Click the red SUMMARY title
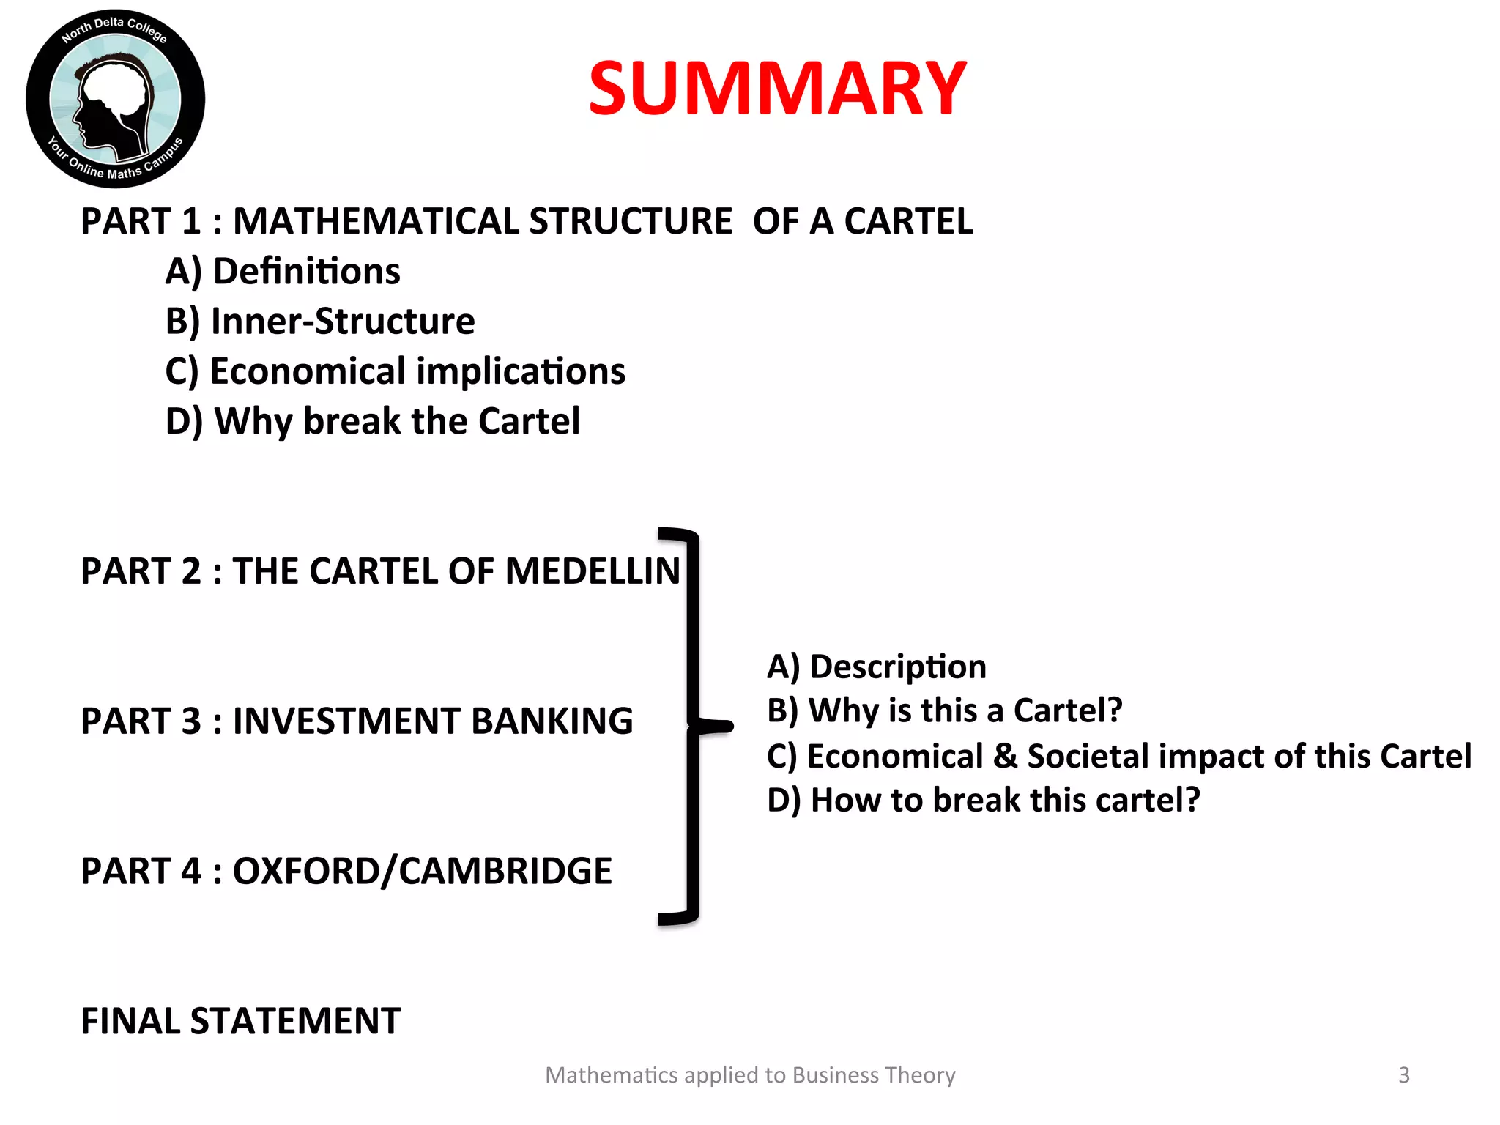point(778,89)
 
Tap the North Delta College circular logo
point(115,99)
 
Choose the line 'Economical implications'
point(396,371)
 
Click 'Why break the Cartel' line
point(373,421)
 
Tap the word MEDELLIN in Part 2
point(593,571)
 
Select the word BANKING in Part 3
point(552,721)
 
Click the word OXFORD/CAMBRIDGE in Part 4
point(422,871)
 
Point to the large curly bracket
point(692,726)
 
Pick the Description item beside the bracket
point(877,667)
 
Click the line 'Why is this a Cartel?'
point(945,710)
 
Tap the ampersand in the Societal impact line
point(1005,757)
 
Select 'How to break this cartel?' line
point(984,800)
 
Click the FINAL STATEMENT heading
point(241,1021)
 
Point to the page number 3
point(1403,1074)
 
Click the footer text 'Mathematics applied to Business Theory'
point(750,1074)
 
